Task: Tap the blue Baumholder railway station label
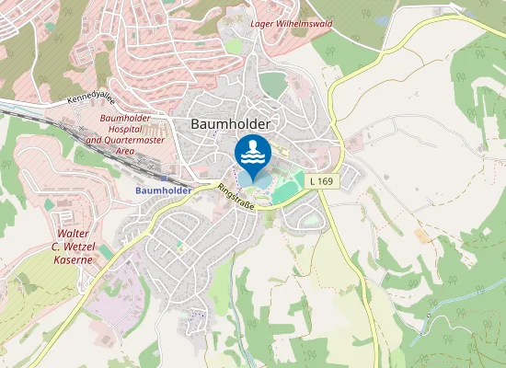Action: pyautogui.click(x=162, y=190)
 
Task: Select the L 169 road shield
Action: pyautogui.click(x=321, y=182)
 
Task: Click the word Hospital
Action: pyautogui.click(x=120, y=130)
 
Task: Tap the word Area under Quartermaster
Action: pyautogui.click(x=126, y=150)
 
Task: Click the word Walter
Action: pyautogui.click(x=73, y=235)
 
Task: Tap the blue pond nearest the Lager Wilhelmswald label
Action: pyautogui.click(x=382, y=20)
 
